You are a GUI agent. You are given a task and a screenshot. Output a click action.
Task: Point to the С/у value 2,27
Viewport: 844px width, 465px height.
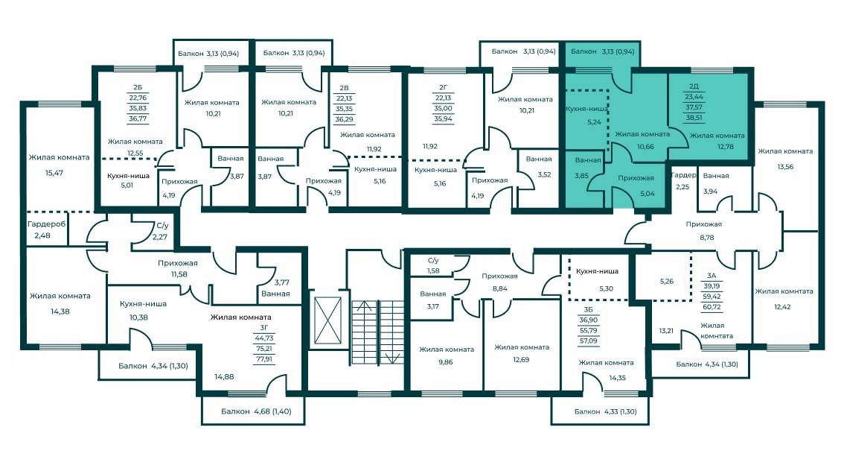[x=160, y=238]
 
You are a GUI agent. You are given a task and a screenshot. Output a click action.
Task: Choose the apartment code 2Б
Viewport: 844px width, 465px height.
[x=138, y=86]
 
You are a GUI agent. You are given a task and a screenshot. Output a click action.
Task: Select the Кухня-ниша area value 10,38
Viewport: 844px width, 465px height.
[x=138, y=318]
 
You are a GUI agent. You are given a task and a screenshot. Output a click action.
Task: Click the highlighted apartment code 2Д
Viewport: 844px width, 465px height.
[x=694, y=86]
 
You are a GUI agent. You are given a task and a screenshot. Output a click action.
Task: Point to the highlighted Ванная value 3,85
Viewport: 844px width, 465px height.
[x=582, y=177]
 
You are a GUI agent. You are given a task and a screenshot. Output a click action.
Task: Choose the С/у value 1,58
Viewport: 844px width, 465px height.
[x=432, y=271]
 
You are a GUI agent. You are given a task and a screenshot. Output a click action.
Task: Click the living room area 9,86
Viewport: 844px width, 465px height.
[x=446, y=362]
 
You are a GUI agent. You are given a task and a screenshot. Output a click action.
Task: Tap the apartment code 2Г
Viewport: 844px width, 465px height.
[x=443, y=86]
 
